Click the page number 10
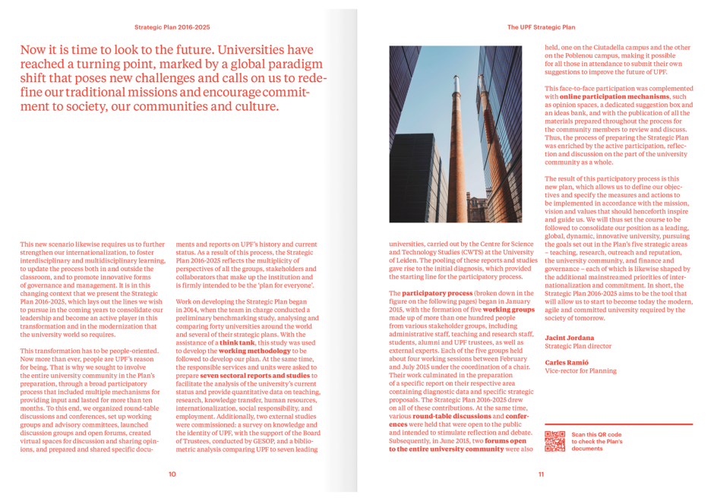[x=172, y=474]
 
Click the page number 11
[x=541, y=474]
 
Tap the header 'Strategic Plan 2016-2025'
[x=172, y=27]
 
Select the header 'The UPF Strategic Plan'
[x=541, y=27]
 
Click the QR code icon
[x=555, y=441]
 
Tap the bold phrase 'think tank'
[x=237, y=343]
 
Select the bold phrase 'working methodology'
[x=254, y=351]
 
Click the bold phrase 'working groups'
[x=508, y=310]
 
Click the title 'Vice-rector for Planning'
[x=580, y=371]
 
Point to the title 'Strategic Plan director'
[x=578, y=346]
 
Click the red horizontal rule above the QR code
[x=618, y=424]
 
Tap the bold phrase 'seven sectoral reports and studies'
[x=254, y=376]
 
